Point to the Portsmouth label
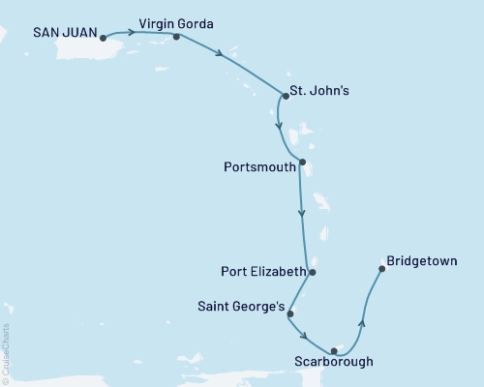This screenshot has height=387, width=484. tap(259, 164)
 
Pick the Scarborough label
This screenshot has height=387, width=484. tap(332, 365)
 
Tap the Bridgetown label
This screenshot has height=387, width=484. tap(421, 260)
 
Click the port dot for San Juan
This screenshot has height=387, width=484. tap(102, 40)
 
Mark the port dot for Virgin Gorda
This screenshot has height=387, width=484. tap(176, 37)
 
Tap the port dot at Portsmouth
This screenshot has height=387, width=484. tap(303, 163)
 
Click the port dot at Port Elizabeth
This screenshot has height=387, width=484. tap(312, 272)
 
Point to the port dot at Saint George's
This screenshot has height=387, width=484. tap(290, 313)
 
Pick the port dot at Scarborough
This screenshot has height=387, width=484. tap(334, 350)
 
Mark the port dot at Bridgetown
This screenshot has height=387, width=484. tap(381, 269)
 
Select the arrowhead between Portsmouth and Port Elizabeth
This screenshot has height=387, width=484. tap(303, 213)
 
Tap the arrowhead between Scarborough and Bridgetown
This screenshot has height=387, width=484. tap(362, 323)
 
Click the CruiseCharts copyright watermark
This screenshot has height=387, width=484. tap(6, 353)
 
